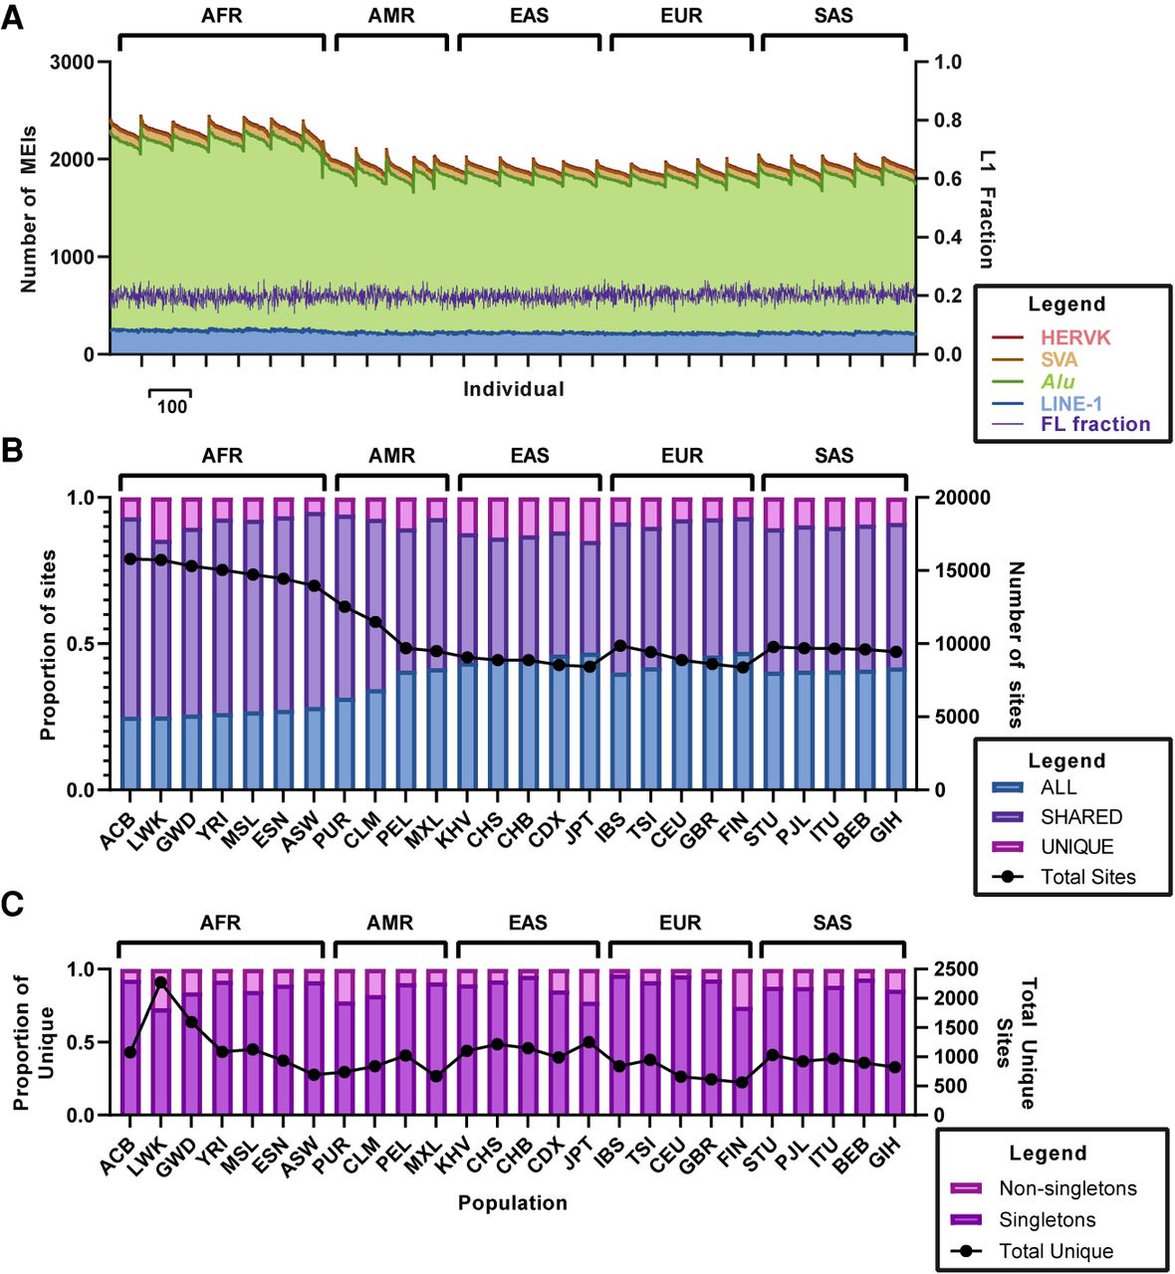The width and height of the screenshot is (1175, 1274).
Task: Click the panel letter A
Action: click(13, 19)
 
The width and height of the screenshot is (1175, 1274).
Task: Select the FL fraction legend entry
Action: click(1095, 424)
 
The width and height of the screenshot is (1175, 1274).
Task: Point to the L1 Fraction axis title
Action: click(986, 209)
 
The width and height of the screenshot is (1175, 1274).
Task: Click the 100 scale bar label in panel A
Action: click(171, 406)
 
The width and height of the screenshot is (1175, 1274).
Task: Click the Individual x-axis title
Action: click(513, 389)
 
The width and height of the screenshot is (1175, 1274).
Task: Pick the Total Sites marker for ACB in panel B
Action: click(130, 558)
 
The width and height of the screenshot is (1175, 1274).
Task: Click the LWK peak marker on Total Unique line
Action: click(160, 982)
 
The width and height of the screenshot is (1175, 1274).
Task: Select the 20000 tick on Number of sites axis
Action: click(955, 497)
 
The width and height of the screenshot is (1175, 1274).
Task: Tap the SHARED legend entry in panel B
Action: click(1080, 817)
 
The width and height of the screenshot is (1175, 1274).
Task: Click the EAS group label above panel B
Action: click(530, 456)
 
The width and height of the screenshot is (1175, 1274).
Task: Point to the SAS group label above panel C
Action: click(832, 923)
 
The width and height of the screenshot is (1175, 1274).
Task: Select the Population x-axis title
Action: click(512, 1203)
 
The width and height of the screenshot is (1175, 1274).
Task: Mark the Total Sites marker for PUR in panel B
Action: click(345, 606)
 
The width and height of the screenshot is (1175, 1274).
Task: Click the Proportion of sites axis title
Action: click(48, 644)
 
